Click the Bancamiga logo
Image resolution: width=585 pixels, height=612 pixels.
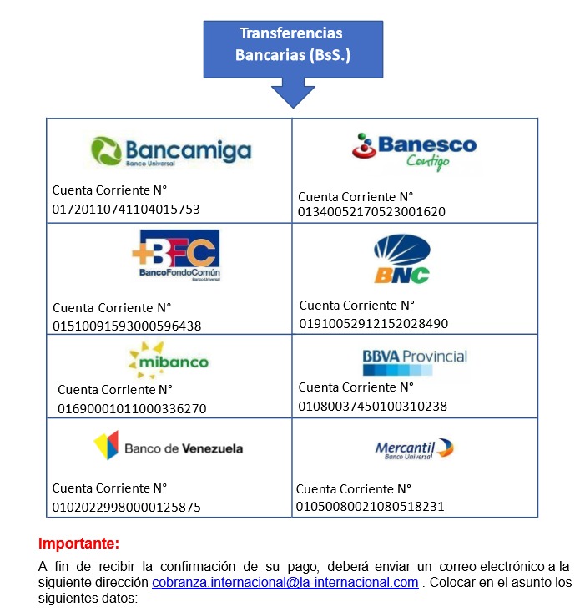point(171,151)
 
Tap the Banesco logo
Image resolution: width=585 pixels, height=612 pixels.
point(414,152)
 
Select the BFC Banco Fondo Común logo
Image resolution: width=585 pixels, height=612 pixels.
point(176,255)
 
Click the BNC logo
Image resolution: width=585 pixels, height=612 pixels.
point(402,258)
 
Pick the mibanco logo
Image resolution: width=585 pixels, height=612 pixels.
point(169,360)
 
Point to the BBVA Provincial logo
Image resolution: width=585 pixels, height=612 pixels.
point(415,362)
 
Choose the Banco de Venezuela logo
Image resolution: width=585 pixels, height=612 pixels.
point(168,446)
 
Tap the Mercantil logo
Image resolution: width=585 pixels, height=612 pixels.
point(414,449)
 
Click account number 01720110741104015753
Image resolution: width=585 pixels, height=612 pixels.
point(126,210)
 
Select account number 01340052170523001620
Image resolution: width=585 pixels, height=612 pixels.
point(371,211)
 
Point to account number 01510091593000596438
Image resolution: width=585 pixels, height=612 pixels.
point(127,326)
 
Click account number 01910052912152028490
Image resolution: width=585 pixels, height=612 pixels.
point(374,323)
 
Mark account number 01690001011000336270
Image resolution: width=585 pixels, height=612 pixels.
point(132,408)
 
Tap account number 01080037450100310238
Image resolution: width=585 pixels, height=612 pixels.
point(373,406)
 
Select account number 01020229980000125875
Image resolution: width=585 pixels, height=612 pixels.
point(126,507)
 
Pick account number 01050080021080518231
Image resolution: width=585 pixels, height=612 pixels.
point(370,506)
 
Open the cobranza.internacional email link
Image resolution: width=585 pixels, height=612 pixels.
point(285,582)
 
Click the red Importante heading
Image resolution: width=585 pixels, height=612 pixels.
point(78,544)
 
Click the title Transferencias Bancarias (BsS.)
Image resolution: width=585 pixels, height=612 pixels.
point(293,43)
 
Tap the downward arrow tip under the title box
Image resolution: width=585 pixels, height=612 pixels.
point(293,108)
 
